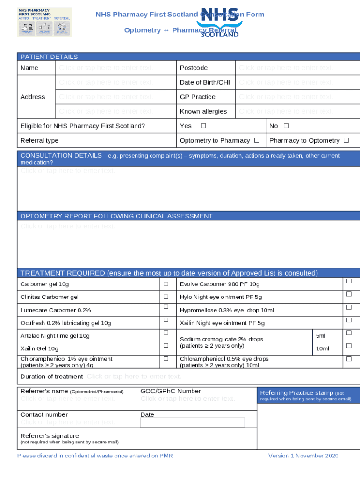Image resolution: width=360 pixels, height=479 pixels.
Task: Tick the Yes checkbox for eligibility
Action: point(203,126)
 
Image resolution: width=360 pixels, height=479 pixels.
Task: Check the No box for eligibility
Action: point(286,126)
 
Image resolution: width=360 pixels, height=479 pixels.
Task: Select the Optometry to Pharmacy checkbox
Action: point(257,140)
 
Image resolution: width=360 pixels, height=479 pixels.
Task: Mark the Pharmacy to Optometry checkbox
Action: point(346,140)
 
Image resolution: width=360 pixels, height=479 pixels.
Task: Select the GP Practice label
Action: point(197,97)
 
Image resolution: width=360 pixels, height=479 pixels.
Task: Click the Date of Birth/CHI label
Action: point(205,82)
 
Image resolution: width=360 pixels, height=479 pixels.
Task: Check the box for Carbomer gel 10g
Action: point(166,284)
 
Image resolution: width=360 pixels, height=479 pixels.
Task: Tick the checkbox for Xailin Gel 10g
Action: point(166,346)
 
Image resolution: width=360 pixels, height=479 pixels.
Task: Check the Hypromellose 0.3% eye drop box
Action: point(348,307)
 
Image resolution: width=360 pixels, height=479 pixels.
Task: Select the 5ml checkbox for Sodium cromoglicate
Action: point(348,333)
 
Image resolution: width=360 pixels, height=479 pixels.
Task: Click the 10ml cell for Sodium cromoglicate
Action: point(323,348)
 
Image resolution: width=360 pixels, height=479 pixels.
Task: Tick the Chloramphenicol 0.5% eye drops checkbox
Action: point(348,359)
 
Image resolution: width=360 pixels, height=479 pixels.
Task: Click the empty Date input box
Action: point(192,422)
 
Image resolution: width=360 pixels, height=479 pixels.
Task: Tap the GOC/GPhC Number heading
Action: point(171,391)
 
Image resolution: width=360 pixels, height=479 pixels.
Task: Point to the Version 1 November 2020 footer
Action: point(303,456)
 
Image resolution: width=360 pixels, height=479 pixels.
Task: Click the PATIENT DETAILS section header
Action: point(49,57)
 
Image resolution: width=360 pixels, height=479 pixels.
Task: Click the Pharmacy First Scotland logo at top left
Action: point(44,22)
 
